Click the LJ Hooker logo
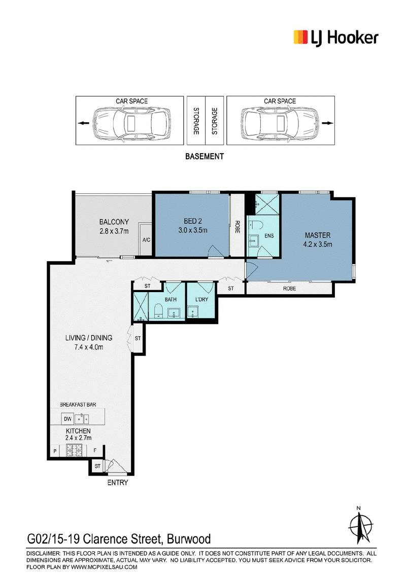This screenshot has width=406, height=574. coord(335,38)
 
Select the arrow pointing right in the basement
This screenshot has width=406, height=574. coord(327,123)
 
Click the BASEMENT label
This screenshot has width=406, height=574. coord(205,156)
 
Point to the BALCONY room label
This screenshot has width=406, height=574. coord(114,222)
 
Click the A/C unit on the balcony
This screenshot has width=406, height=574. coord(146,239)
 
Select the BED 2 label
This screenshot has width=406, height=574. coord(193,221)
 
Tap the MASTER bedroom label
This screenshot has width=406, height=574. coord(318,235)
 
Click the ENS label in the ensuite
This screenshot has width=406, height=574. coord(269,236)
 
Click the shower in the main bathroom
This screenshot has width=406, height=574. coord(141,307)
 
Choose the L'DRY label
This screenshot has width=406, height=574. coord(201,300)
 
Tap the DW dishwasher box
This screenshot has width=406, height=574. coord(68,419)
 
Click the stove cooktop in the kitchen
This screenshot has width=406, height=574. coord(75,450)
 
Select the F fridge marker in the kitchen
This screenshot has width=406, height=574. coord(95,451)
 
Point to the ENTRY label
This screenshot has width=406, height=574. coord(118,483)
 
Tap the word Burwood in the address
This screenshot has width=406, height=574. coord(189,539)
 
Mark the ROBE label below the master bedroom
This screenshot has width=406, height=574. coord(289,289)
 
